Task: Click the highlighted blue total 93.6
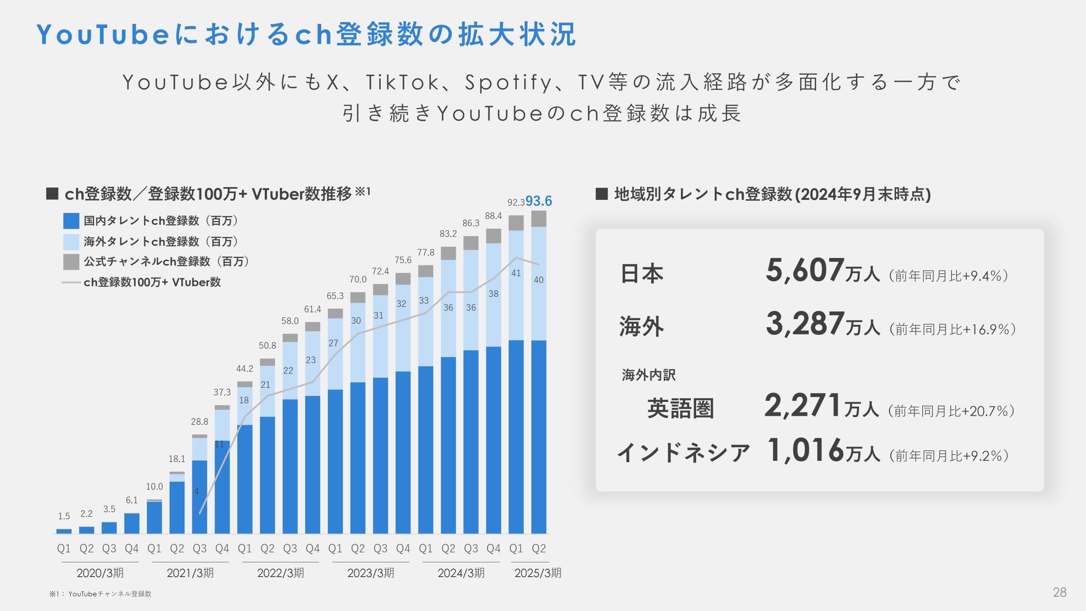pos(538,201)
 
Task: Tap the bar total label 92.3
pos(516,203)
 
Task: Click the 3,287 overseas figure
pos(805,324)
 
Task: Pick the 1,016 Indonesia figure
pos(806,451)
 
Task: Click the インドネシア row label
pos(683,452)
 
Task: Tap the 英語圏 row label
pos(680,408)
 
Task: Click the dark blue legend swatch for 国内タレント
pos(71,221)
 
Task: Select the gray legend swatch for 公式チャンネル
pos(71,262)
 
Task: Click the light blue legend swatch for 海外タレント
pos(71,241)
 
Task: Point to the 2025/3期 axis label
pos(537,573)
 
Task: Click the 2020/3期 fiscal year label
pos(100,573)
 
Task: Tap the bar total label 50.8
pos(267,346)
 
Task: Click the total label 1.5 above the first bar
pos(64,516)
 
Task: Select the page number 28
pos(1059,592)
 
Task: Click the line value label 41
pos(516,273)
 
